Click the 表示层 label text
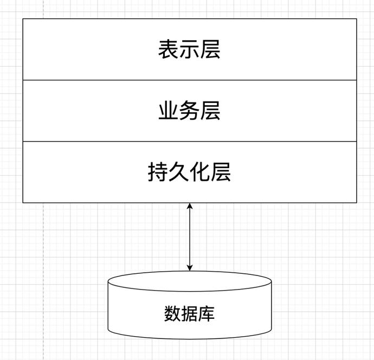pyautogui.click(x=189, y=49)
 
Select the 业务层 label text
pyautogui.click(x=189, y=111)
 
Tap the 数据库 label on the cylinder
pyautogui.click(x=189, y=314)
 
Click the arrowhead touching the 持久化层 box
pyautogui.click(x=190, y=206)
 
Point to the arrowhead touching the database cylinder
pyautogui.click(x=190, y=268)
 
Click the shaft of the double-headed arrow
pyautogui.click(x=190, y=237)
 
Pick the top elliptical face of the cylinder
pyautogui.click(x=190, y=281)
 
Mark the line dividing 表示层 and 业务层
pyautogui.click(x=190, y=80)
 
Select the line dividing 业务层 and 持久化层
pyautogui.click(x=190, y=141)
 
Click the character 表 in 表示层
pyautogui.click(x=169, y=49)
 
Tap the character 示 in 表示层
pyautogui.click(x=189, y=49)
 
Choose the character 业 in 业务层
pyautogui.click(x=169, y=111)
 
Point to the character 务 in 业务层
pyautogui.click(x=189, y=111)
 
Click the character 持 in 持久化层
pyautogui.click(x=158, y=172)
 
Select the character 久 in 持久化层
pyautogui.click(x=179, y=172)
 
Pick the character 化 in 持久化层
pyautogui.click(x=199, y=172)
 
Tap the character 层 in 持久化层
pyautogui.click(x=221, y=172)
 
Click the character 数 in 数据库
pyautogui.click(x=172, y=314)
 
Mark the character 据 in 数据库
pyautogui.click(x=189, y=314)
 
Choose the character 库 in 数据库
pyautogui.click(x=207, y=314)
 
